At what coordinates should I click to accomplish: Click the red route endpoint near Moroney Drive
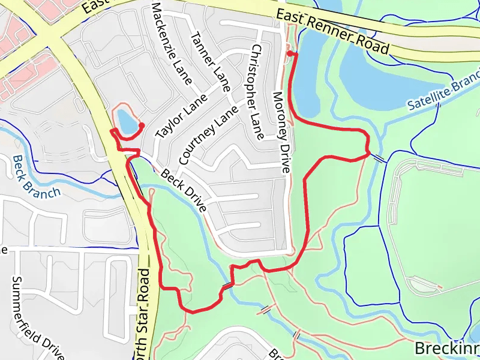[289, 54]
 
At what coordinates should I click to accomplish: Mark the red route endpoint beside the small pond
[142, 125]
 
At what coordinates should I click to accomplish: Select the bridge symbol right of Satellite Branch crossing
[379, 158]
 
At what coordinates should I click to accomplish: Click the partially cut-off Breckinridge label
[447, 348]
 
